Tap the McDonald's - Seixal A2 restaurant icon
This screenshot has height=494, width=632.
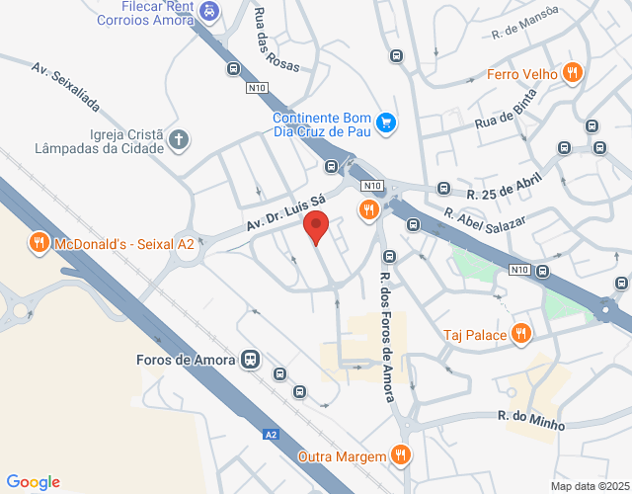click(39, 243)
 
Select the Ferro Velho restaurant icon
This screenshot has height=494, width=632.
click(572, 72)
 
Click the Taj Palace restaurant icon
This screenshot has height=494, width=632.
click(521, 334)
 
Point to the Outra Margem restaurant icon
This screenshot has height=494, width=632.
click(400, 454)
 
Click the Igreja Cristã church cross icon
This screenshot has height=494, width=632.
click(179, 140)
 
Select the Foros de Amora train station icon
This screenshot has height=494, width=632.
click(252, 360)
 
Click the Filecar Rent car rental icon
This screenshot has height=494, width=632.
click(208, 11)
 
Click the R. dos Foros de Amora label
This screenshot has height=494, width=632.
click(386, 339)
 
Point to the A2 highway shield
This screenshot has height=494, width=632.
click(272, 434)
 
